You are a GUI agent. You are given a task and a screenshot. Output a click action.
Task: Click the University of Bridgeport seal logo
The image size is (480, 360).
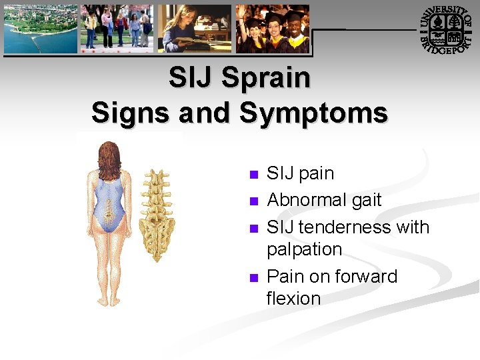coord(446,29)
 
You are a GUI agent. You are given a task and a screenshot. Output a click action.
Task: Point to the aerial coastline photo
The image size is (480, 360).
coord(40,29)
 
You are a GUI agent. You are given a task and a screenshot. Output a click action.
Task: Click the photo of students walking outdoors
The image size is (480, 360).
coord(117,29)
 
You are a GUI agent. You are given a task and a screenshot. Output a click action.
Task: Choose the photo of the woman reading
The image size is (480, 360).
coord(194,29)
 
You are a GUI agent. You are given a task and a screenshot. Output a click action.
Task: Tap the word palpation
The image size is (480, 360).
coord(304,250)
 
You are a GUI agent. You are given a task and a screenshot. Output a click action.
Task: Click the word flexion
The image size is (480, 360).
coord(293,299)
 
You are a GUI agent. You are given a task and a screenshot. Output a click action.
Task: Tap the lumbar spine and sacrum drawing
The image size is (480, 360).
coord(159,213)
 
